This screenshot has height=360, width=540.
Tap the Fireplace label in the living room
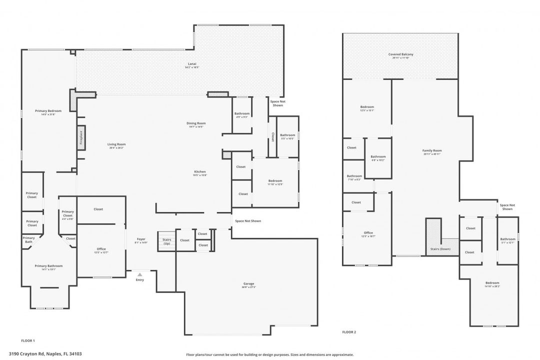pos(81,137)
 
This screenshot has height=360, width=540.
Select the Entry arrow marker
pos(140,274)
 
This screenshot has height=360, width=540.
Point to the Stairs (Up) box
pos(166,241)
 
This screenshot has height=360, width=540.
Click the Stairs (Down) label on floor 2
pos(440,248)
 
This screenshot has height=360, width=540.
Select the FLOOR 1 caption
pos(28,340)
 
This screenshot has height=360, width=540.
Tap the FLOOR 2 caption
pos(349,332)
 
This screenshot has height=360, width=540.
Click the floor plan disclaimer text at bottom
pos(269,354)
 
